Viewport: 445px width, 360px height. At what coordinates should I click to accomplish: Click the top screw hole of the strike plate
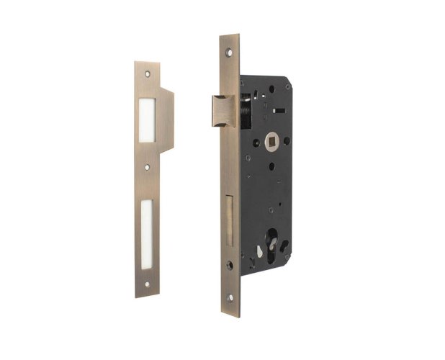point(147,73)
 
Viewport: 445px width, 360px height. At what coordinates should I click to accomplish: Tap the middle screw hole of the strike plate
point(147,168)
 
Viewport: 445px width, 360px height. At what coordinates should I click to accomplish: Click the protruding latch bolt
point(224,111)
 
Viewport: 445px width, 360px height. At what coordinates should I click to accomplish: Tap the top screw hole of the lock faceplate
point(229,52)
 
